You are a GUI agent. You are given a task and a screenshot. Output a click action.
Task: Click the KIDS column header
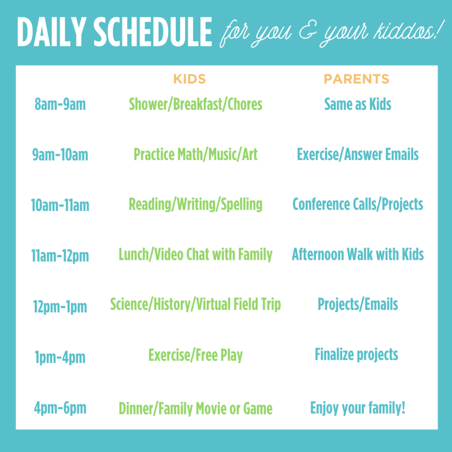click(189, 79)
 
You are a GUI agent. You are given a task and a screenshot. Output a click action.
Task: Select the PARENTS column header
click(356, 79)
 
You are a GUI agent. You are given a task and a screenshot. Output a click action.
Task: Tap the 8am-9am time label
click(60, 104)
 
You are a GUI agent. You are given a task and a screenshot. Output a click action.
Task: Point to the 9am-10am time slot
click(60, 154)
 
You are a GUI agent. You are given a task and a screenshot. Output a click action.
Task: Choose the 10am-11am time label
click(60, 205)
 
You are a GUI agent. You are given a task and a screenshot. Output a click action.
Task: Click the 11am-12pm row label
click(60, 256)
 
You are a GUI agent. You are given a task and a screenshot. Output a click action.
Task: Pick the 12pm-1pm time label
click(60, 306)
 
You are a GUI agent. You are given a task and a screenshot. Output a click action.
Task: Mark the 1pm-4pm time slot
click(60, 357)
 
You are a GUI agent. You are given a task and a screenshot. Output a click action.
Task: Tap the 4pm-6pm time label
click(60, 408)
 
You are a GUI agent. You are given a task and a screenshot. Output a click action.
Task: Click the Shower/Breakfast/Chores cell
click(196, 104)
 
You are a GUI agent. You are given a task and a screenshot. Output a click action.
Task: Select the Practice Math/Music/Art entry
click(196, 154)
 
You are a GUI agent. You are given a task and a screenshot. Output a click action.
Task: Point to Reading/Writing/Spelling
click(196, 205)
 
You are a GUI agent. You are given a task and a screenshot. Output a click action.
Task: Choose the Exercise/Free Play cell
click(196, 355)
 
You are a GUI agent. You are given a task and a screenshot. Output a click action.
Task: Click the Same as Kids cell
click(358, 104)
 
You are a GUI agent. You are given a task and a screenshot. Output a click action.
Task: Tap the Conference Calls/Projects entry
click(358, 205)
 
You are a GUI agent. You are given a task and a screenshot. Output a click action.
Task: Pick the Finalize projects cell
click(356, 354)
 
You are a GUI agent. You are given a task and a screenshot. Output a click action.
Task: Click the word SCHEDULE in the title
click(153, 32)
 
